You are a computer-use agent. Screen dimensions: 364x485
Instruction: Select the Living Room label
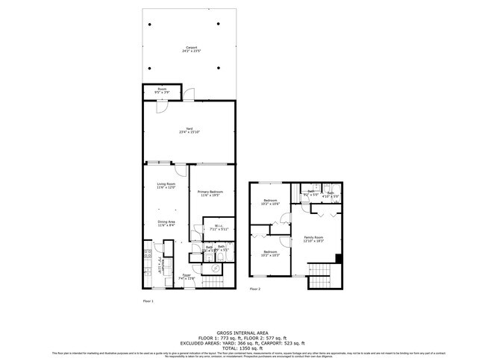point(166,186)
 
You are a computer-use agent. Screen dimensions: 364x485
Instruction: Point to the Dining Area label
point(166,224)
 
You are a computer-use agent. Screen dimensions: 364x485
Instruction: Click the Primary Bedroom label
point(210,194)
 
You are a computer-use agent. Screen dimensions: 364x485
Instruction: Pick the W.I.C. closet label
point(218,228)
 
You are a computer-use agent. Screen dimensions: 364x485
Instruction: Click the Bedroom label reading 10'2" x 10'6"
point(270,202)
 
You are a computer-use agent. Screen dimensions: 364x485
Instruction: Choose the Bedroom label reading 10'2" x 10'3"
point(270,254)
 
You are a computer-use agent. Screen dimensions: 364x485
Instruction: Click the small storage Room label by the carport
point(161,91)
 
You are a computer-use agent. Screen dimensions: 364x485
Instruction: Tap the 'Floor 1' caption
point(148,301)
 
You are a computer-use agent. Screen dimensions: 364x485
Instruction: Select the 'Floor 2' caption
point(255,289)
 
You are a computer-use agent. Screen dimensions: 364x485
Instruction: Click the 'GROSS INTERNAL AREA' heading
point(242,333)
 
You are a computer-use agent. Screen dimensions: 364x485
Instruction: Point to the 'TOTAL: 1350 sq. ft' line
point(242,348)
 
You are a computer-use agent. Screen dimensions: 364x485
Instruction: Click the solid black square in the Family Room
point(339,259)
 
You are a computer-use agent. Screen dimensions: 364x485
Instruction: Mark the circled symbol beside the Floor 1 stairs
point(197,265)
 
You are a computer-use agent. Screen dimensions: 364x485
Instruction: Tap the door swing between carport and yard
point(190,95)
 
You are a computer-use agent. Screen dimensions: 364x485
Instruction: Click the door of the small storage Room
point(160,105)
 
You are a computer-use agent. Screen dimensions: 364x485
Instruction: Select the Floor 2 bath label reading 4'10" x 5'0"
point(331,195)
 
